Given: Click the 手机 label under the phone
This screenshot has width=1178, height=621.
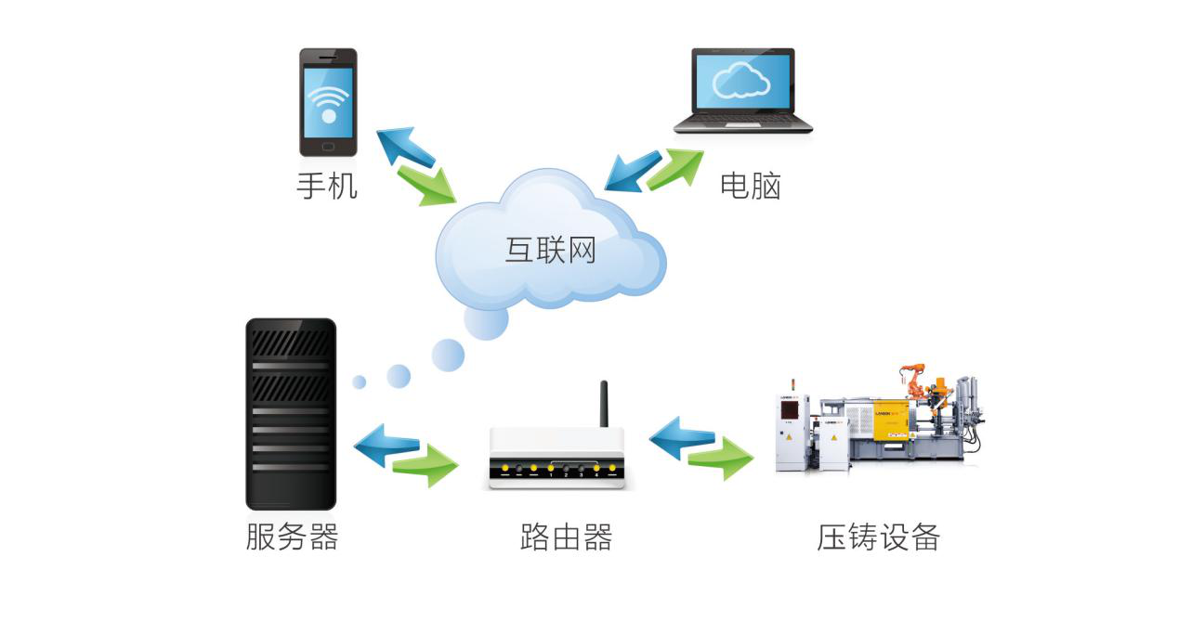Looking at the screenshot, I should coord(326,186).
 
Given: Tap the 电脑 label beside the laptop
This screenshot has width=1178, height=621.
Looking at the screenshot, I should coord(750,186).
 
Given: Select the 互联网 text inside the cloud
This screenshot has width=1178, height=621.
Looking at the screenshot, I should coord(550,249).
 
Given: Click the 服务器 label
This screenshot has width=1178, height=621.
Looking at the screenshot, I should coord(292,537).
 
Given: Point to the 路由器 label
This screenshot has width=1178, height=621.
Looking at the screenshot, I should coord(566,537).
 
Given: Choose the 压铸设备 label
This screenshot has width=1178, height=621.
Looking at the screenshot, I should coord(878,537).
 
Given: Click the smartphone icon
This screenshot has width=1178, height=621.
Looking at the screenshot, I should coord(328,102).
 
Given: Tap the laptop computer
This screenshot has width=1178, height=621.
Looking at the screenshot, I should coord(742,91).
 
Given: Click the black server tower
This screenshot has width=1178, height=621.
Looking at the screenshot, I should coord(290,414).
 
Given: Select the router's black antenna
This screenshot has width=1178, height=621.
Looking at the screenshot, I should coord(603,404).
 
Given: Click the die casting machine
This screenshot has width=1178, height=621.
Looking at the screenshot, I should coord(878,422).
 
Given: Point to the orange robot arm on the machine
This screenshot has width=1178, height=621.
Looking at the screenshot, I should coord(917,379).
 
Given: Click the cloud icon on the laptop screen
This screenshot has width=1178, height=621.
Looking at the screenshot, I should coord(740,81).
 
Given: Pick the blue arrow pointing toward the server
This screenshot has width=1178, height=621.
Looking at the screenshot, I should coord(386,443).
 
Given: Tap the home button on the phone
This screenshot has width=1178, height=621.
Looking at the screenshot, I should coord(328,146).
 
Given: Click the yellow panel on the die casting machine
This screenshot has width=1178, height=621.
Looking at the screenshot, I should coord(890,419).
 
